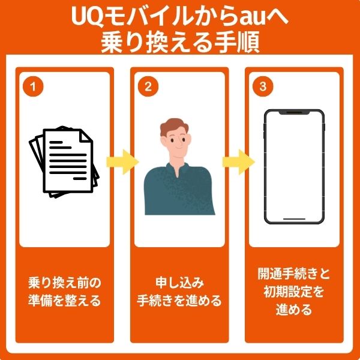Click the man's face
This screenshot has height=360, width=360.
point(176,143)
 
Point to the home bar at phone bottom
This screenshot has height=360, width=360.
point(294,219)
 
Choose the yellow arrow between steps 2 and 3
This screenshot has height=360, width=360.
point(236,161)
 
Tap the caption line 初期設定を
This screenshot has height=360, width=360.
point(294,293)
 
